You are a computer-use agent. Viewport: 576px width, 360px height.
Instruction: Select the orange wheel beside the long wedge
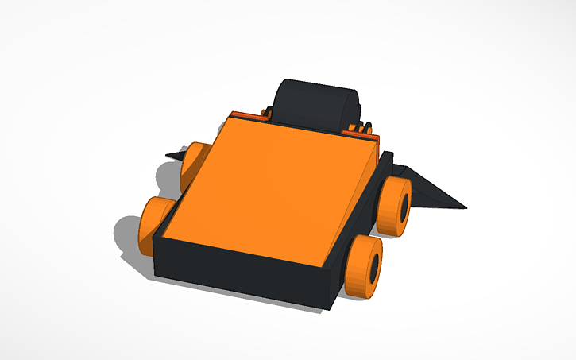(393, 206)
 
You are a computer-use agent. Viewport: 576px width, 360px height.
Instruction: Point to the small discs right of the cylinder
(365, 128)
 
